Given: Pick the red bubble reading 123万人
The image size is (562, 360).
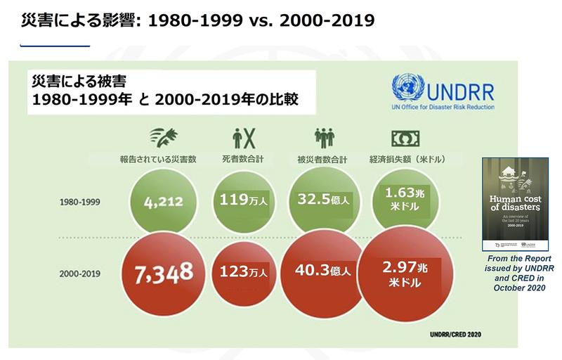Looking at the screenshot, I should (x=240, y=270).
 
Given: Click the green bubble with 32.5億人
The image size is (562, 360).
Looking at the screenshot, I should (x=324, y=200).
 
